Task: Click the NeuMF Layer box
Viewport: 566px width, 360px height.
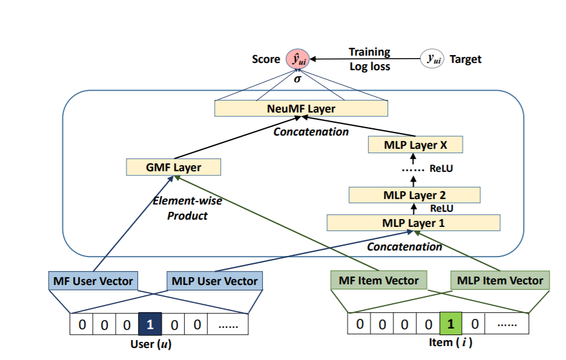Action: [301, 108]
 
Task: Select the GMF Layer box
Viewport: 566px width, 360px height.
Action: [173, 167]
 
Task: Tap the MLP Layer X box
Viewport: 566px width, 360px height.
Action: [415, 145]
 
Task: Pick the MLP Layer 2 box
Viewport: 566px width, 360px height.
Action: [415, 195]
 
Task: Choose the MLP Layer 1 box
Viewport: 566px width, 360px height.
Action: [413, 223]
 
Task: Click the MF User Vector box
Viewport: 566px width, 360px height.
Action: [93, 281]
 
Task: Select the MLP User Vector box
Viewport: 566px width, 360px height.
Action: [214, 281]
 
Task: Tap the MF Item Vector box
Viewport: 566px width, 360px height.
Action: [379, 280]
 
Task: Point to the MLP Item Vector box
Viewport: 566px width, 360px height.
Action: [500, 280]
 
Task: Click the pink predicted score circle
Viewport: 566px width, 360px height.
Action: [298, 59]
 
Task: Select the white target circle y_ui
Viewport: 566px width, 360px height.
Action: [432, 59]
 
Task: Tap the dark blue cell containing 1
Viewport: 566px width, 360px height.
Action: [150, 324]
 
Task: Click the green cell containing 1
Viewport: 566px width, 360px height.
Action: [450, 323]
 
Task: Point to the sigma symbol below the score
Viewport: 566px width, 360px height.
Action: [297, 79]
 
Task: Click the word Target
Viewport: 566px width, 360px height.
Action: [466, 59]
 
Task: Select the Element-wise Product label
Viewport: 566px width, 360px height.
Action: [187, 208]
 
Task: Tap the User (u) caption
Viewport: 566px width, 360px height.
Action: [151, 344]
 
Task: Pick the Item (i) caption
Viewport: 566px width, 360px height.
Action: [450, 342]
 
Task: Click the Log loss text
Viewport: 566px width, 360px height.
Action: [370, 67]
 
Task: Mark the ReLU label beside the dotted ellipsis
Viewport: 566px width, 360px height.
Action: [441, 168]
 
